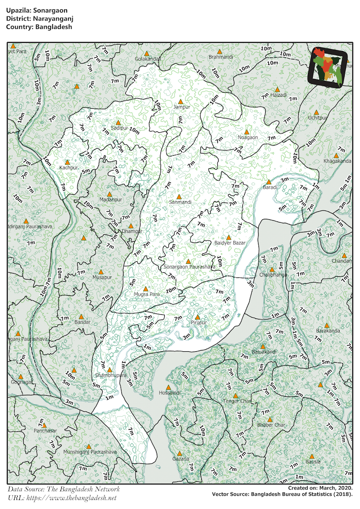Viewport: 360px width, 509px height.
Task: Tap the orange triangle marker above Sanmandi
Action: (179, 197)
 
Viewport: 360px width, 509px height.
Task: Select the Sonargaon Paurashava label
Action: (190, 267)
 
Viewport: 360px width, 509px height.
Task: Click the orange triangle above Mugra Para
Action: (146, 288)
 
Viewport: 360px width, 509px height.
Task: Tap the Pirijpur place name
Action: (198, 323)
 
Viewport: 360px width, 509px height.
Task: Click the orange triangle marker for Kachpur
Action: (67, 162)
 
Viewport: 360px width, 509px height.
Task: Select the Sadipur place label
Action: (119, 128)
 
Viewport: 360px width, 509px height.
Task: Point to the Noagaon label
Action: (247, 137)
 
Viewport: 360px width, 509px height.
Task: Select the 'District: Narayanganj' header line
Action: (37, 18)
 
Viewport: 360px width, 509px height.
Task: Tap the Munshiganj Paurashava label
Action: (90, 452)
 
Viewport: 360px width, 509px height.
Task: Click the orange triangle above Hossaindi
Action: (168, 387)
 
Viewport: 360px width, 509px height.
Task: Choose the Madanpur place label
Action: (110, 200)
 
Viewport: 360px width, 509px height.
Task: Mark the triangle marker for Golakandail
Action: (147, 53)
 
